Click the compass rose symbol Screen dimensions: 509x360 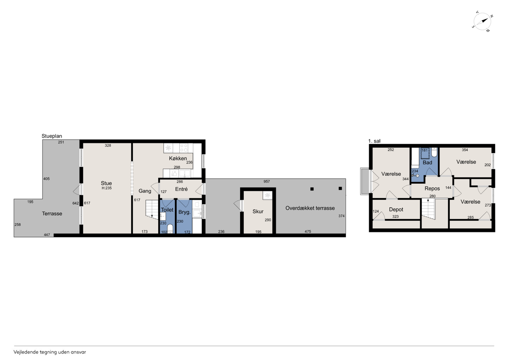[x=482, y=21]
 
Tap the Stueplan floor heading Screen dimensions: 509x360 [x=52, y=136]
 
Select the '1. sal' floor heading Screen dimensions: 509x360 [x=374, y=141]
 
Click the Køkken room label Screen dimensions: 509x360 [x=178, y=158]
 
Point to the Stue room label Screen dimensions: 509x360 [x=106, y=183]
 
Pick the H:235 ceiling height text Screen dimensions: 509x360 [x=107, y=188]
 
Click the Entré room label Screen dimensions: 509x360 [x=181, y=189]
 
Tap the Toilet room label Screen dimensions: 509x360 [x=167, y=210]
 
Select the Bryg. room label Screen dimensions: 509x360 [x=184, y=212]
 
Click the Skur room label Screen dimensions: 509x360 [x=258, y=211]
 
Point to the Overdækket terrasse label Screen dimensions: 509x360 [x=310, y=208]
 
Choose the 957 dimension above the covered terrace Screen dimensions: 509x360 [x=266, y=181]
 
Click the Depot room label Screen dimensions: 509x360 [x=396, y=210]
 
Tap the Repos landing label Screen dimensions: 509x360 [x=432, y=189]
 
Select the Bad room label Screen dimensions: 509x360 [x=427, y=163]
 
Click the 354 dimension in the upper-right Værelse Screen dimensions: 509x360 [x=465, y=150]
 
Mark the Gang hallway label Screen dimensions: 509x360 [x=145, y=191]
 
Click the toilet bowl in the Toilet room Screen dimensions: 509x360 [x=170, y=229]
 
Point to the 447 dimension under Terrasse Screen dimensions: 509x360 [x=47, y=235]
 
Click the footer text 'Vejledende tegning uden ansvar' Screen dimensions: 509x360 [x=50, y=352]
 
